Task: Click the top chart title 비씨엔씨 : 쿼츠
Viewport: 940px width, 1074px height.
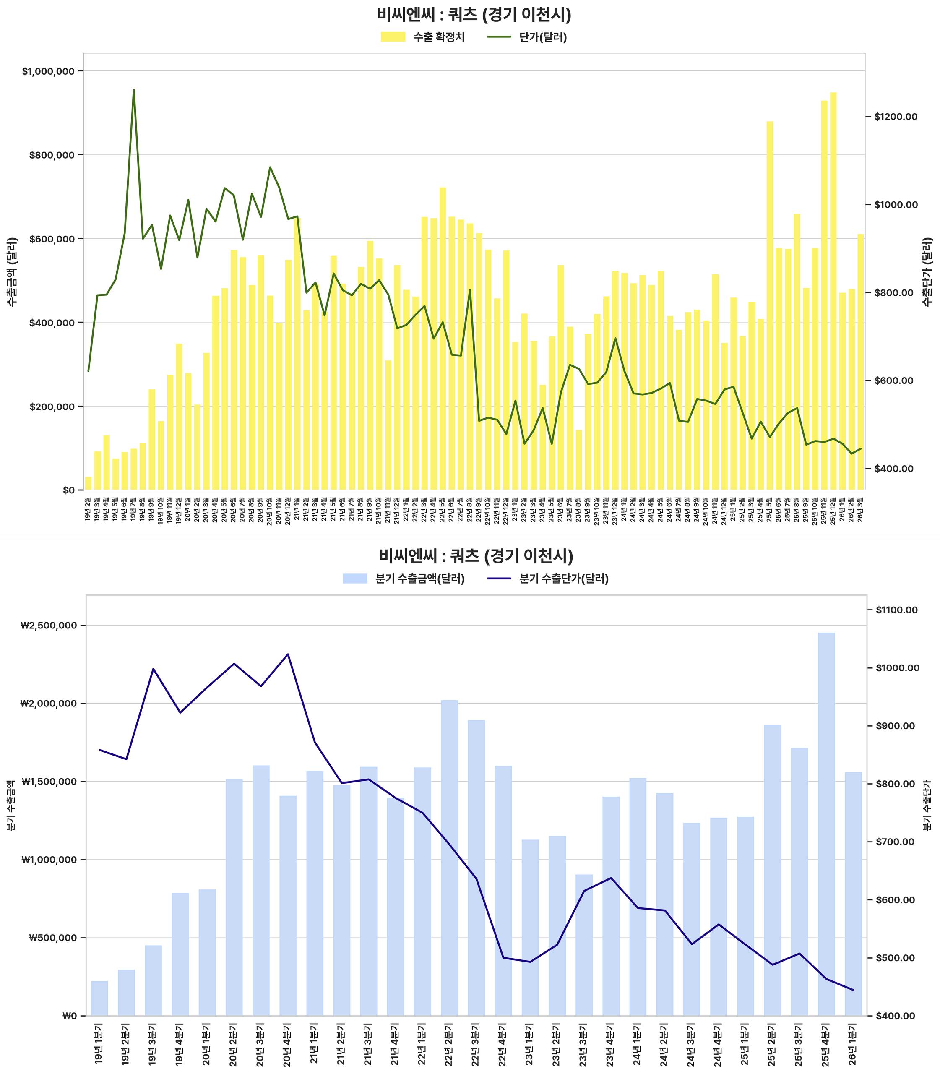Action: tap(474, 15)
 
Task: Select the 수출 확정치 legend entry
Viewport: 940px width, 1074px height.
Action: tap(423, 37)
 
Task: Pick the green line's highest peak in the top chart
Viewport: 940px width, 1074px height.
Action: tap(134, 90)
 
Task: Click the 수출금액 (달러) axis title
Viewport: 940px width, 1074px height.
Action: tap(13, 272)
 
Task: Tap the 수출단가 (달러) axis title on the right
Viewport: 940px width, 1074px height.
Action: tap(927, 272)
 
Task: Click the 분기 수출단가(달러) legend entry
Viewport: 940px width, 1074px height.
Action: tap(549, 579)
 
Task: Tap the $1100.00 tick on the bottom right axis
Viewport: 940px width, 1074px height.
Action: tap(896, 610)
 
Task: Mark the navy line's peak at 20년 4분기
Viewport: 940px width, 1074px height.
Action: tap(287, 654)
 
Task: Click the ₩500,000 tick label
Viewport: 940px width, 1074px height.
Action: tap(52, 938)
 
